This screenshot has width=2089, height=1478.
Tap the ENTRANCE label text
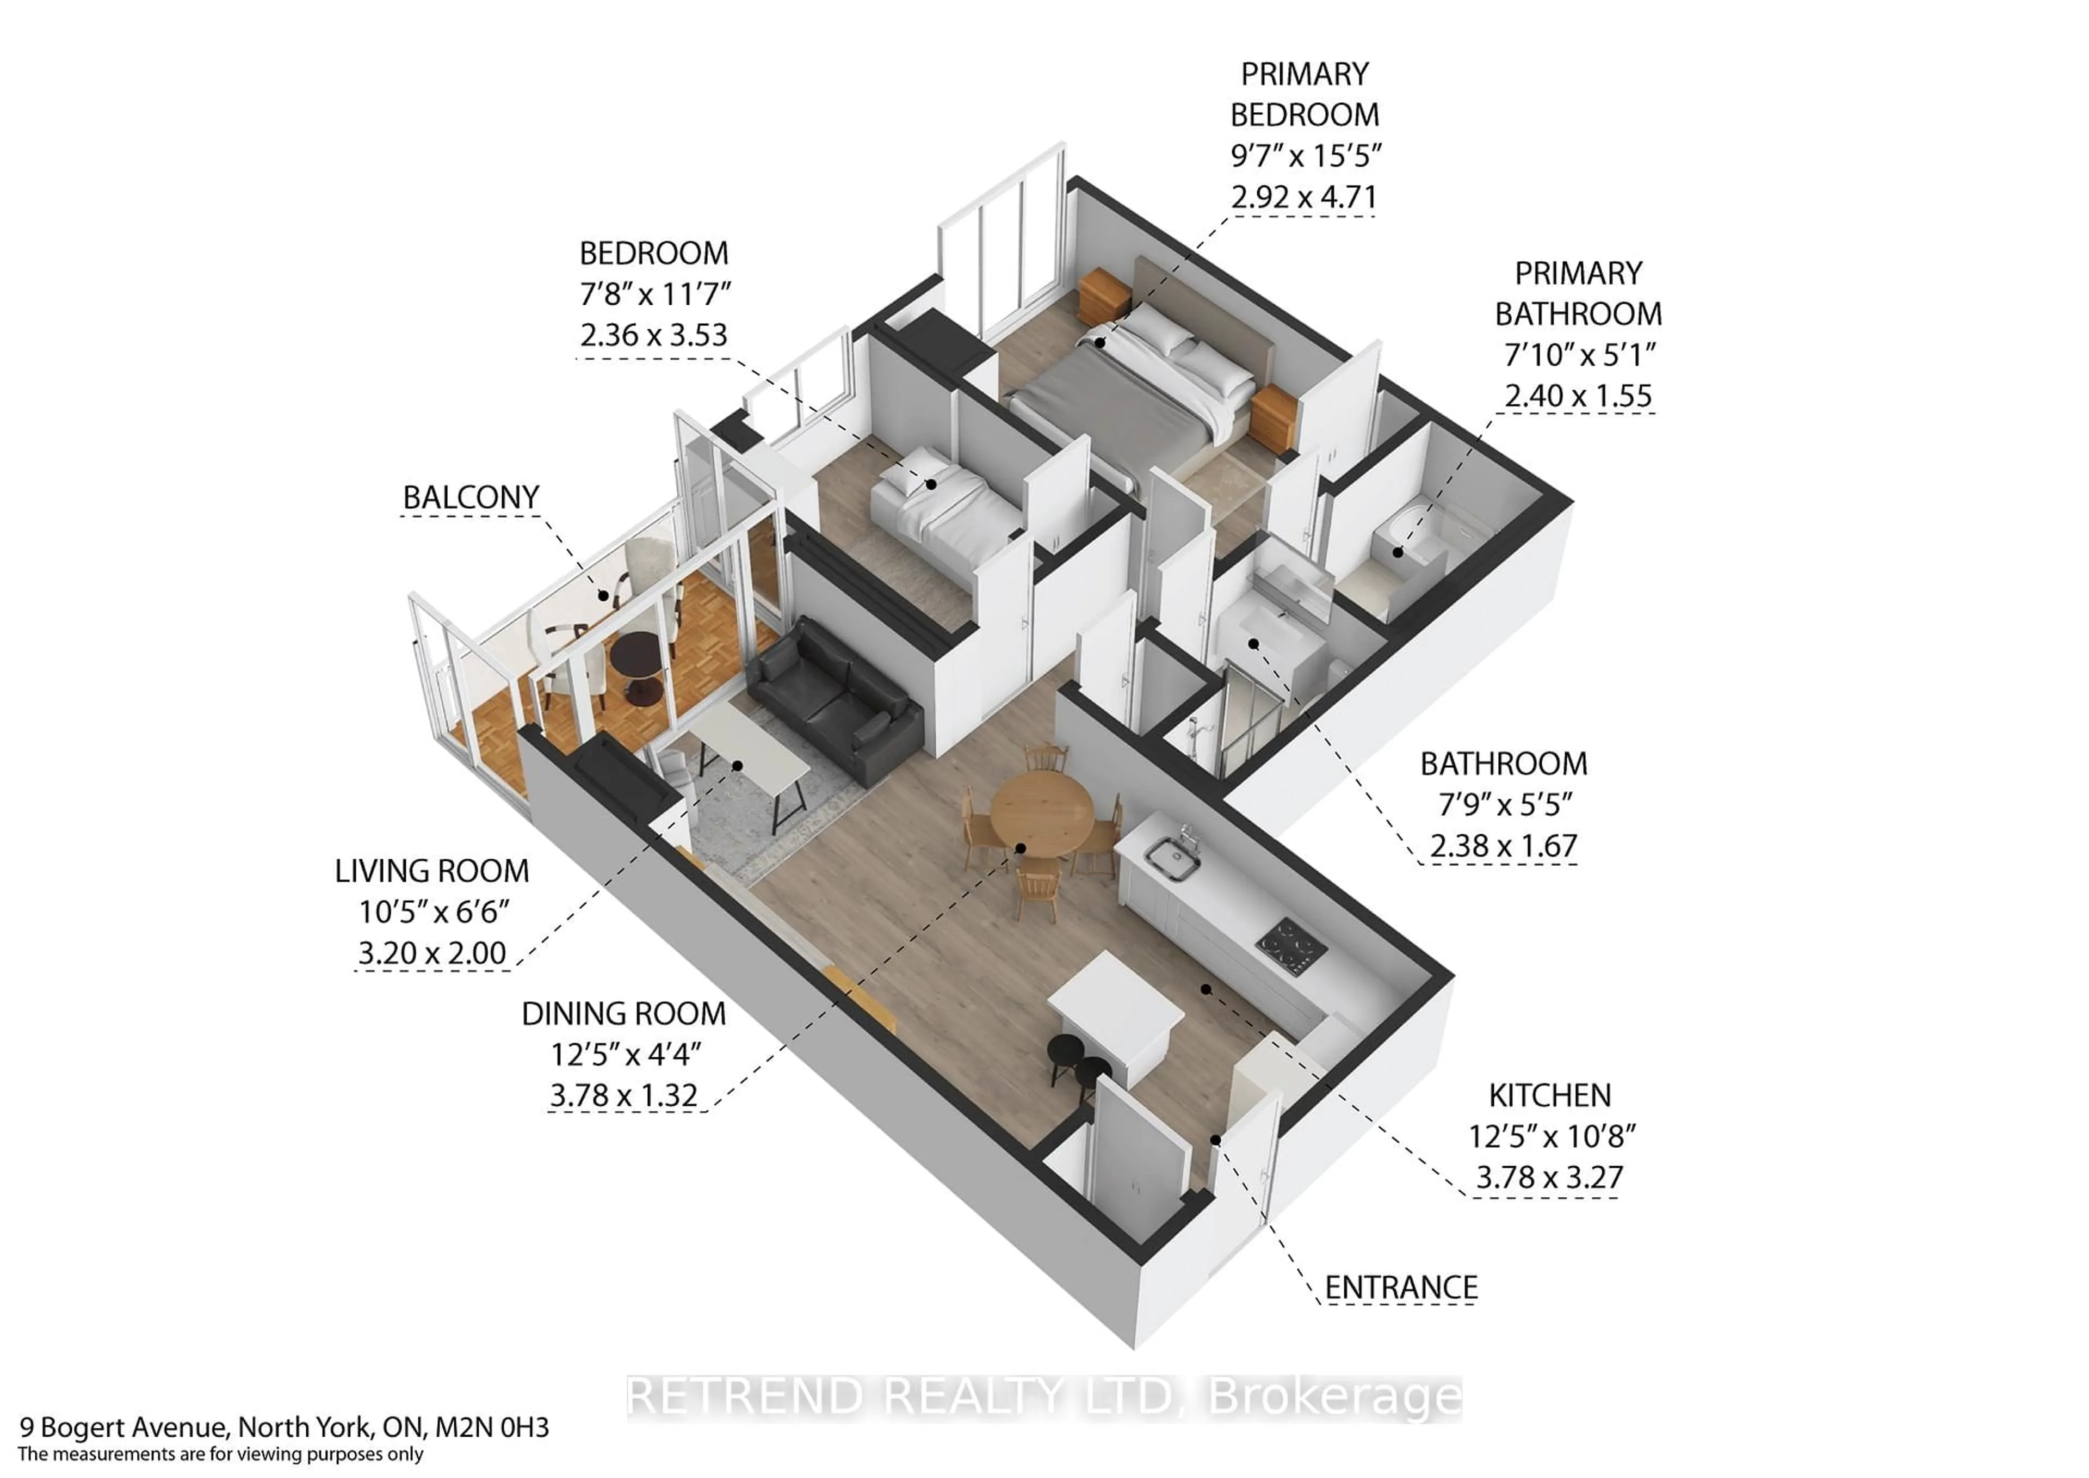click(1400, 1288)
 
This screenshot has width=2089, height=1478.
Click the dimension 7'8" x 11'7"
click(655, 294)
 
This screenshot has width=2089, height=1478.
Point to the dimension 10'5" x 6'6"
click(432, 911)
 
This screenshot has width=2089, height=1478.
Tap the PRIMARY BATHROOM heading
click(1578, 293)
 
